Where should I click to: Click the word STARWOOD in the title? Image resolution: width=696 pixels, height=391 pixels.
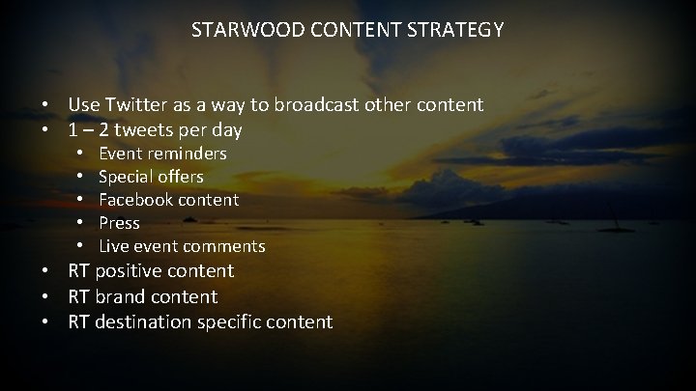238,30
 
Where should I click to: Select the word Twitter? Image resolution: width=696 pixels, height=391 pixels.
137,103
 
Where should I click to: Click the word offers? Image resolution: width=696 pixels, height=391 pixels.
179,177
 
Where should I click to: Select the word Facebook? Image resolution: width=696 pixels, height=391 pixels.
136,200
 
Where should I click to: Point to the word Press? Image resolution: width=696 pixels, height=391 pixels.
119,223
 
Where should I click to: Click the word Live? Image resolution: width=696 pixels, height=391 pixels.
112,246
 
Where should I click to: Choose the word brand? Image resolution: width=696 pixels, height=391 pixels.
121,296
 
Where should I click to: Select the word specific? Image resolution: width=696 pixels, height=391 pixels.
230,321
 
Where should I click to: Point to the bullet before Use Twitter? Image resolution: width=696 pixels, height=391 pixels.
45,103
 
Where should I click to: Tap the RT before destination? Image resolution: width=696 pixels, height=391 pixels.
78,321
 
